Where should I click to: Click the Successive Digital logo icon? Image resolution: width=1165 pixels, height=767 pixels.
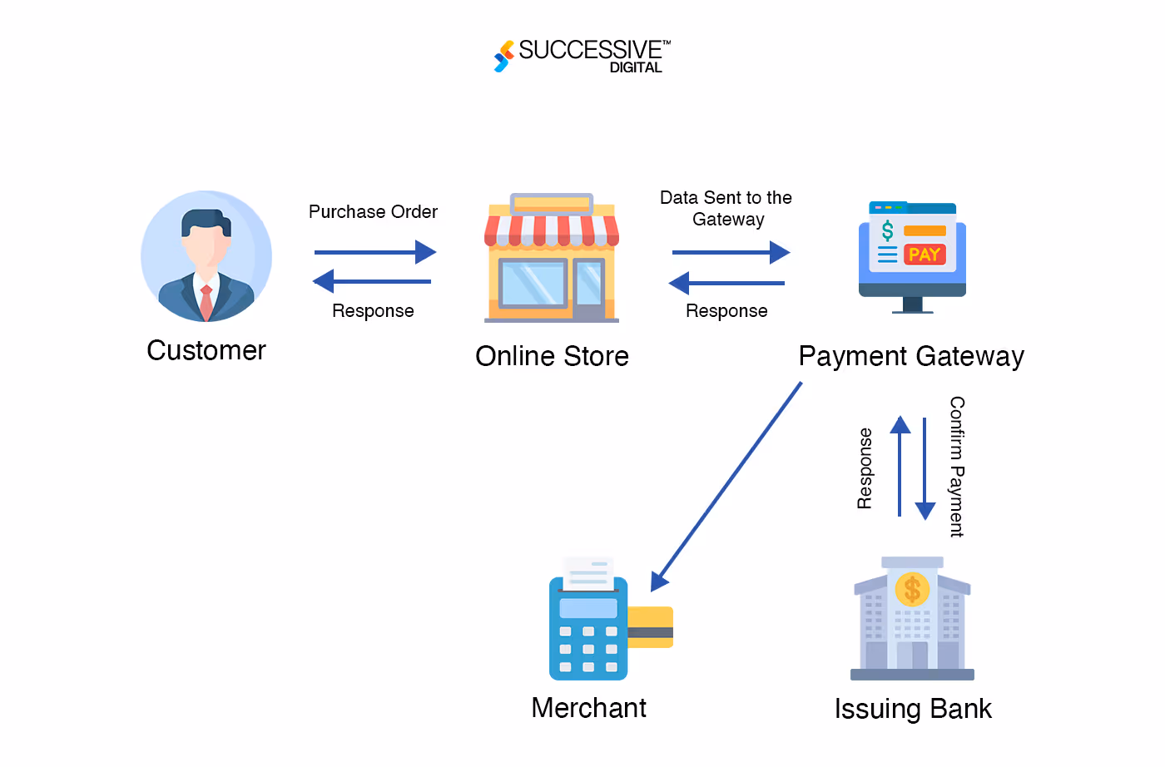pyautogui.click(x=503, y=56)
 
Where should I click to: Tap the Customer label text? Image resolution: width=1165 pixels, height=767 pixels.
pyautogui.click(x=206, y=350)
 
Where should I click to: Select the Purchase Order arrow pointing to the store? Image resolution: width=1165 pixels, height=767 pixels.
pyautogui.click(x=375, y=252)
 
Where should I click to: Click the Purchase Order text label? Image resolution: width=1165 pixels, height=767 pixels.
pyautogui.click(x=373, y=212)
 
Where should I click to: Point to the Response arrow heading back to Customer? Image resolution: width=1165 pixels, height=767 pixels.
pyautogui.click(x=372, y=281)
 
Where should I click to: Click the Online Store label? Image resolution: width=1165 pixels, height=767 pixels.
pyautogui.click(x=552, y=356)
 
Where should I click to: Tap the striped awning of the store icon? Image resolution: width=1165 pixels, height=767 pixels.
pyautogui.click(x=552, y=230)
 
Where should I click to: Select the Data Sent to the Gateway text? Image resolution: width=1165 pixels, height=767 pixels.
pyautogui.click(x=726, y=208)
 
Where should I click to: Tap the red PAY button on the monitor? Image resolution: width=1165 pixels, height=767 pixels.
pyautogui.click(x=925, y=255)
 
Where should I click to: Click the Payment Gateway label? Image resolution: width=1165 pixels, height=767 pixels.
pyautogui.click(x=911, y=356)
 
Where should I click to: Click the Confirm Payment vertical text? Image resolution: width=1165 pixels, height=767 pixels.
pyautogui.click(x=957, y=467)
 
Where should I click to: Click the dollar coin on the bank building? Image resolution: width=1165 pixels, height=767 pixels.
pyautogui.click(x=912, y=590)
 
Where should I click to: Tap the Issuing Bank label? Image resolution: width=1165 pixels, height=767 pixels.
pyautogui.click(x=913, y=709)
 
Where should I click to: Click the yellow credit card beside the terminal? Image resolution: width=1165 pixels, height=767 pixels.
pyautogui.click(x=650, y=627)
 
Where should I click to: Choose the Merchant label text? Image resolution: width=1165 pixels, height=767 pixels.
pyautogui.click(x=588, y=708)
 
